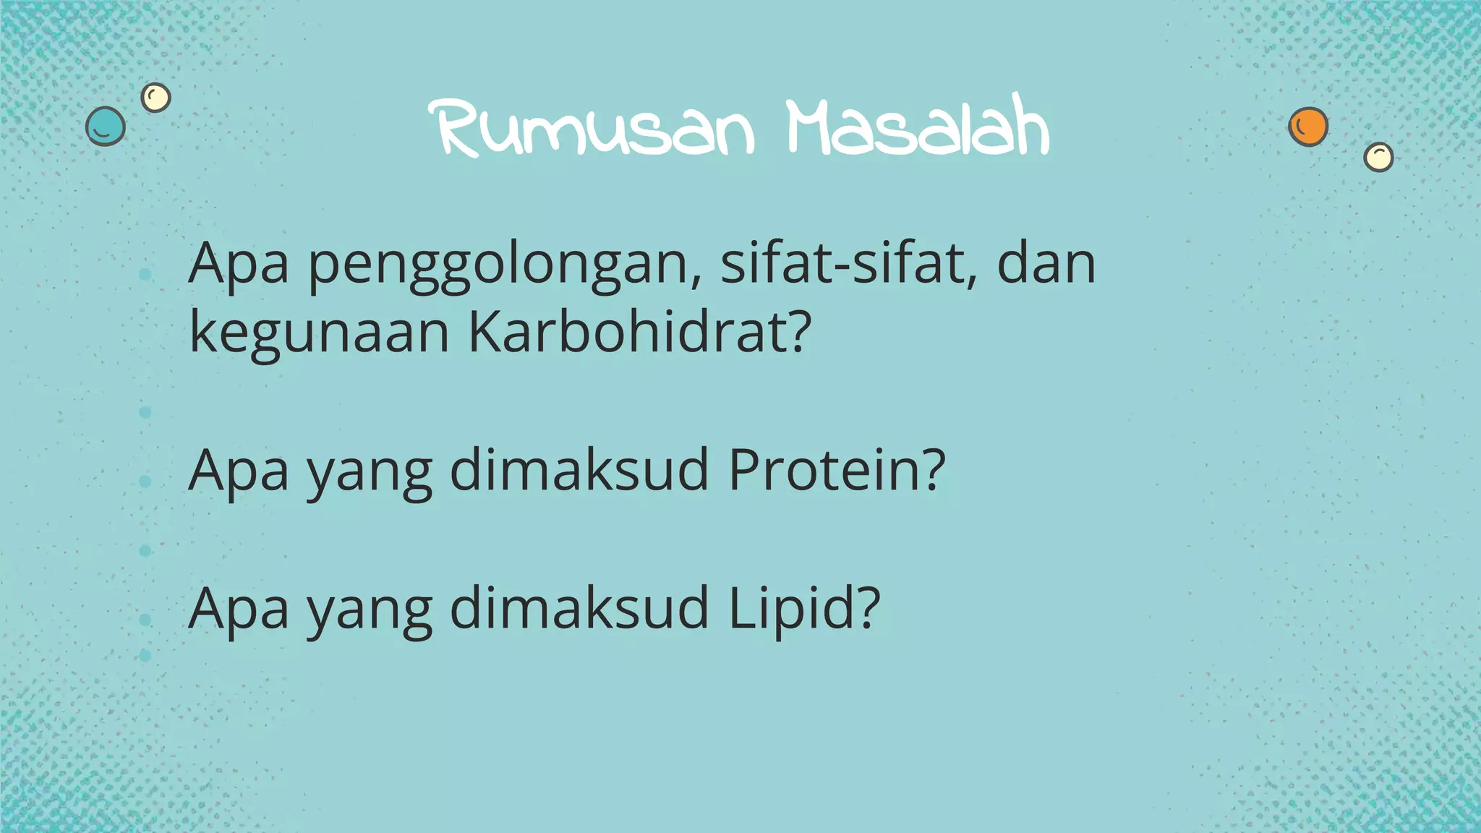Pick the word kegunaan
pyautogui.click(x=319, y=334)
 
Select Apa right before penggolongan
pyautogui.click(x=239, y=266)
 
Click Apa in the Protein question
pyautogui.click(x=239, y=472)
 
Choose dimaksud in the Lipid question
pyautogui.click(x=579, y=609)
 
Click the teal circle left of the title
pyautogui.click(x=106, y=127)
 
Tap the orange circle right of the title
pyautogui.click(x=1308, y=127)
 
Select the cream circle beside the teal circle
pyautogui.click(x=155, y=97)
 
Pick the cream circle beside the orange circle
pyautogui.click(x=1378, y=157)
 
